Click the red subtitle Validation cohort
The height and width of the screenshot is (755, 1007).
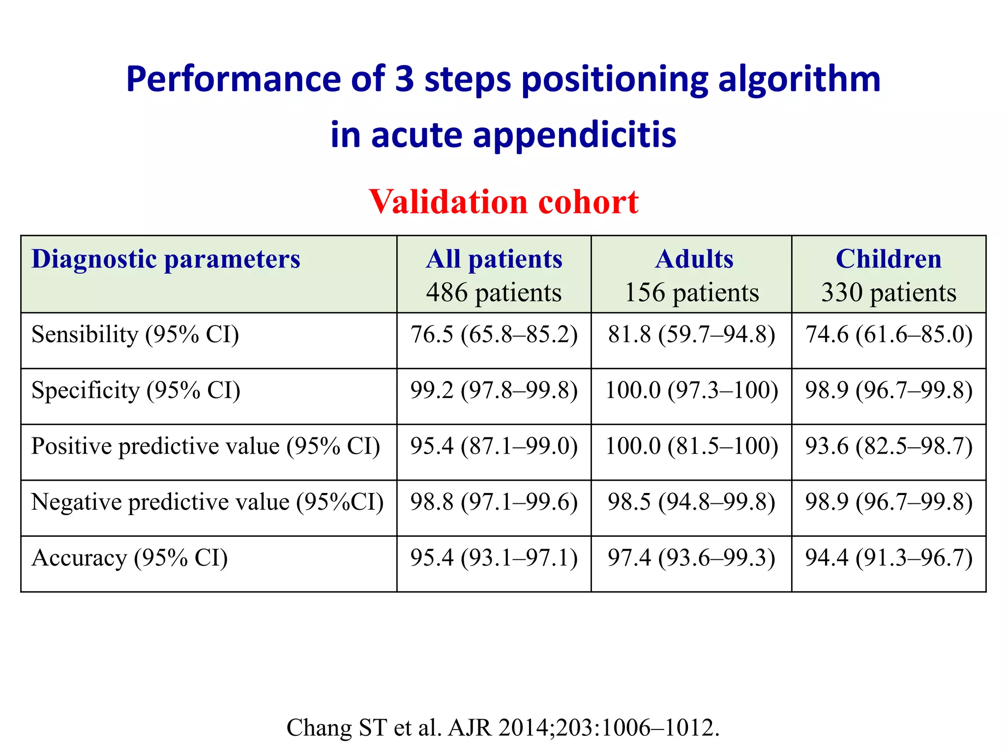click(503, 202)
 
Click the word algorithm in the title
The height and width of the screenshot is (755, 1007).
click(799, 79)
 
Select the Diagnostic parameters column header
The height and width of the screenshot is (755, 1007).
click(166, 259)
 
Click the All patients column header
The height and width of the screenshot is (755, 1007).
click(494, 259)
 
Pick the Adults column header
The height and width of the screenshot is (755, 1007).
click(694, 259)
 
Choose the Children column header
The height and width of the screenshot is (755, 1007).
click(889, 259)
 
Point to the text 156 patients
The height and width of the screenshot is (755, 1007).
click(691, 292)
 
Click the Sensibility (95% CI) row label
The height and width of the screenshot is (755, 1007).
click(135, 335)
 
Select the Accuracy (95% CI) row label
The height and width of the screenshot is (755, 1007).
click(129, 558)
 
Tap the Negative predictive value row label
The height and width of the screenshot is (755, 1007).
click(207, 502)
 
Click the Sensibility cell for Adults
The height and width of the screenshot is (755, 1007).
click(691, 335)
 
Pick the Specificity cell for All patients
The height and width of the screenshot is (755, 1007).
click(494, 391)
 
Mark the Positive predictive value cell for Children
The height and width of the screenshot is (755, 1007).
click(889, 446)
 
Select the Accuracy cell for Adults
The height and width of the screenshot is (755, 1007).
click(691, 558)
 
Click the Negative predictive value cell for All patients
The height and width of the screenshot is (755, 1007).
click(494, 502)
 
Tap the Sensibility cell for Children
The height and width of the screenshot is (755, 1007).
click(889, 335)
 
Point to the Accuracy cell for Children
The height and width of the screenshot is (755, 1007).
click(889, 558)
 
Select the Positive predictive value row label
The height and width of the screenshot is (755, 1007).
click(206, 446)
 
